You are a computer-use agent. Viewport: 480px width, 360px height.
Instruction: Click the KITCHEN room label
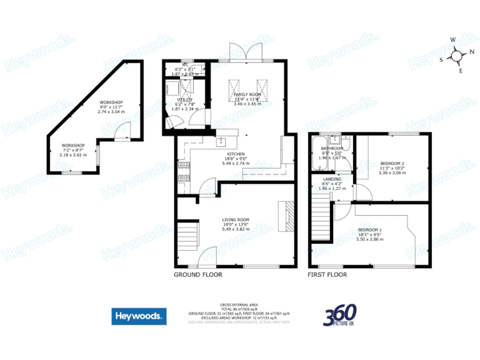click(x=236, y=153)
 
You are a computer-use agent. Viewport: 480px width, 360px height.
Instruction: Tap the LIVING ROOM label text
click(x=236, y=219)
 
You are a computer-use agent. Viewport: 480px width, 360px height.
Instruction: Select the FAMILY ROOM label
click(x=247, y=94)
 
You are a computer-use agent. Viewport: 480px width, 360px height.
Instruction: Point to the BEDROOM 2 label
click(x=393, y=163)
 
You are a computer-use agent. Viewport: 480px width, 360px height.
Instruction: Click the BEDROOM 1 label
click(x=369, y=229)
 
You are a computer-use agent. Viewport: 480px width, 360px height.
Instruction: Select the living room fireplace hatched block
click(x=284, y=216)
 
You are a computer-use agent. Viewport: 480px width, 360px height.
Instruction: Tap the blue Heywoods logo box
click(x=139, y=316)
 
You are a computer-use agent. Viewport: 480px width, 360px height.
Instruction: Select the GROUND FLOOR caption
click(x=197, y=274)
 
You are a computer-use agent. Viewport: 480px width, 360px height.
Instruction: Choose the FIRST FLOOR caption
click(x=327, y=274)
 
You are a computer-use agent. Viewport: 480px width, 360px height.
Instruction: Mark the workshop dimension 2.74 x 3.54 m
click(x=112, y=111)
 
